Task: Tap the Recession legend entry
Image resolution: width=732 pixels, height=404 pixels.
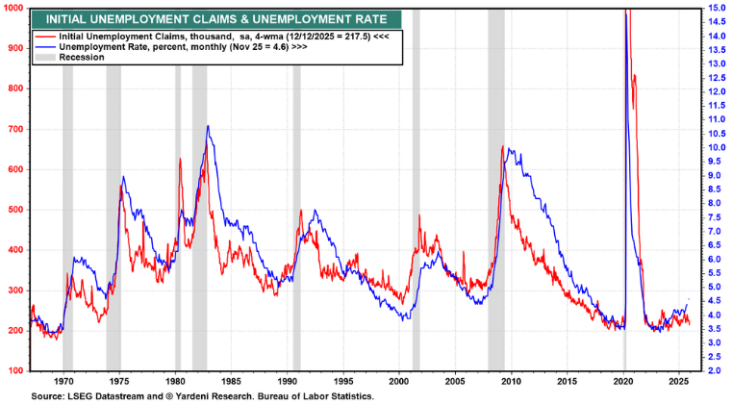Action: point(81,58)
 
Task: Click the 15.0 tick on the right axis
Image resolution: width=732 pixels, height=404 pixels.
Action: point(716,9)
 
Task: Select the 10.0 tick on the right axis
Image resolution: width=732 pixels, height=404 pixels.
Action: point(716,148)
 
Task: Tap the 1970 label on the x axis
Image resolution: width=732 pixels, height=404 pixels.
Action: point(64,382)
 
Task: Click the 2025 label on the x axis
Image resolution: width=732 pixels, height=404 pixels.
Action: point(678,382)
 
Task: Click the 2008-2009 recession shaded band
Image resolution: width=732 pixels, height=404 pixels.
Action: point(496,192)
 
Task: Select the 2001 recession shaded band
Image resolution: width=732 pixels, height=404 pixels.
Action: point(416,192)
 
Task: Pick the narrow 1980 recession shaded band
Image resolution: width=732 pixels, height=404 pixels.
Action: point(177,192)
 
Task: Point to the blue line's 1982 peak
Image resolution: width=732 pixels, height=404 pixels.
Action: point(207,126)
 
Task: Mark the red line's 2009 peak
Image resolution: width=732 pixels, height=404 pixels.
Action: point(503,146)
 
